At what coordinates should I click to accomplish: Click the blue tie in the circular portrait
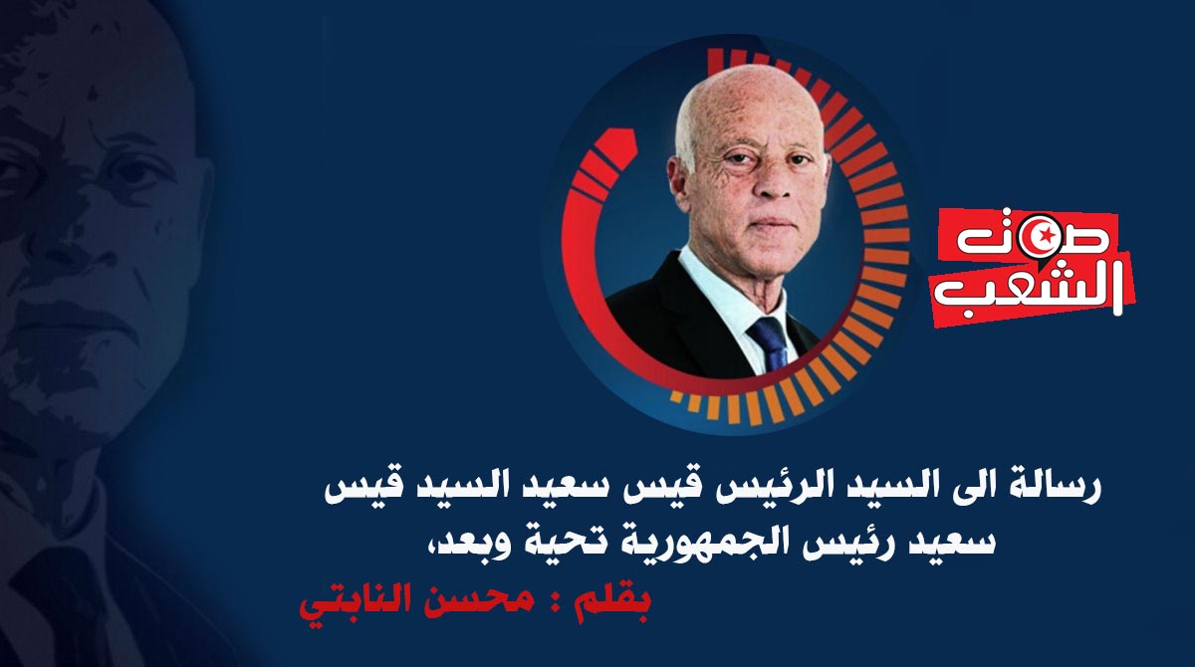pyautogui.click(x=771, y=342)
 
